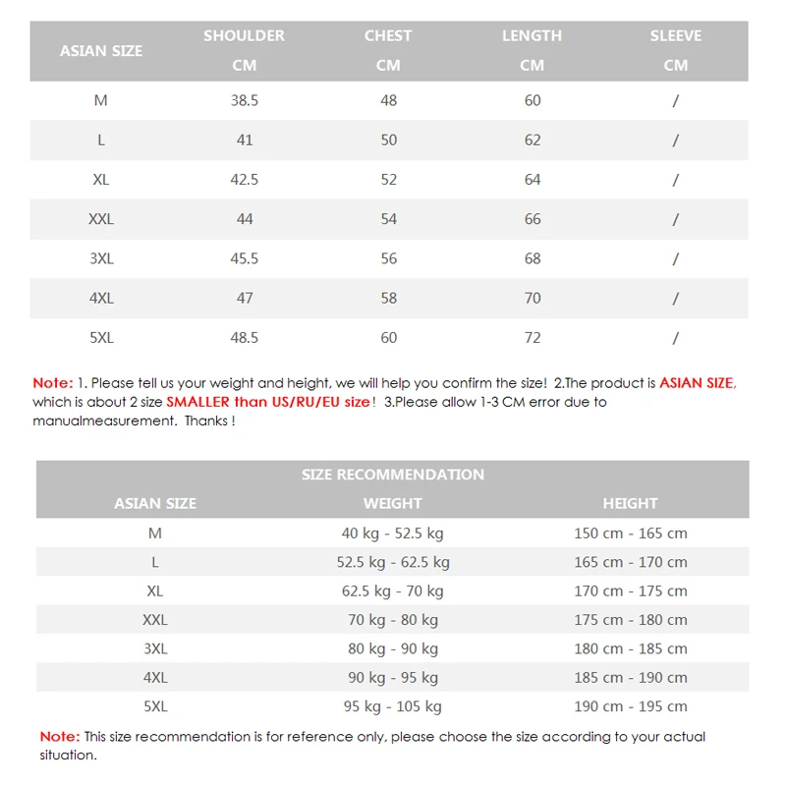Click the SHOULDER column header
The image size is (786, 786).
coord(244,36)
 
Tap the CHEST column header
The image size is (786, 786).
coord(388,36)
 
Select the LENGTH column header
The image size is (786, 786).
coord(532,36)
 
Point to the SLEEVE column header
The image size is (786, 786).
coord(676,36)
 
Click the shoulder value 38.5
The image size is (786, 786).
coord(244,100)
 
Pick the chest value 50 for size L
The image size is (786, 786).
coord(388,140)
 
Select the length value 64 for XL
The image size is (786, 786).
coord(532,180)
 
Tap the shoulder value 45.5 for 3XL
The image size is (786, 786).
coord(244,258)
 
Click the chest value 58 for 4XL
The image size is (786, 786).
coord(388,298)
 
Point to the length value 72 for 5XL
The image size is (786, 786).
coord(532,337)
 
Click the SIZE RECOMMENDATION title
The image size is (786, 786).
coord(393,475)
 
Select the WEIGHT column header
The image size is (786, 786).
coord(393,503)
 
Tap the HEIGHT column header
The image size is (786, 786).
coord(630,503)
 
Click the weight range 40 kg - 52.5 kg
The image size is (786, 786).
coord(393,533)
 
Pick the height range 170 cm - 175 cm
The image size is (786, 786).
coord(630,590)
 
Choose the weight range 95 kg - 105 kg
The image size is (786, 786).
coord(393,706)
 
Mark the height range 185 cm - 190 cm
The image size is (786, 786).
coord(630,677)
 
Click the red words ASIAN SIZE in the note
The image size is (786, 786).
coord(697,383)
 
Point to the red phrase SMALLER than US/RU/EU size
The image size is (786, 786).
coord(268,402)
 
